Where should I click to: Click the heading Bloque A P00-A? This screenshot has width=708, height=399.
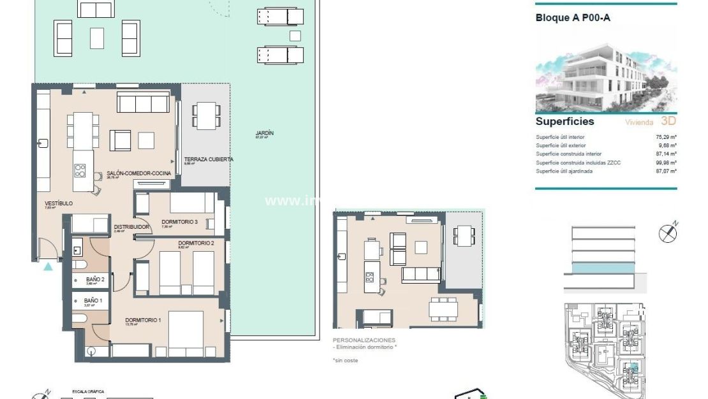tap(573, 18)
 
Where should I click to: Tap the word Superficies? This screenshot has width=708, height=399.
tap(564, 121)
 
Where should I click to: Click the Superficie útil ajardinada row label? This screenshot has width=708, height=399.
tap(568, 171)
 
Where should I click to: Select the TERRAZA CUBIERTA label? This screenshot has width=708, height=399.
tap(208, 159)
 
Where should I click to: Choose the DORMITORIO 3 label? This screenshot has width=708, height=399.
tap(179, 221)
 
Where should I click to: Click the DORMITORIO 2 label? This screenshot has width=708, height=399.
tap(195, 243)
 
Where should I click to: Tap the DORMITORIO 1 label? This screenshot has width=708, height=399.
tap(142, 320)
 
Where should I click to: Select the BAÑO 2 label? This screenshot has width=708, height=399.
tap(95, 279)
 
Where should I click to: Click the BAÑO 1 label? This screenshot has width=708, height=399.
tap(92, 300)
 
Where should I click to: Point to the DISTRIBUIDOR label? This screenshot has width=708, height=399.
tap(131, 226)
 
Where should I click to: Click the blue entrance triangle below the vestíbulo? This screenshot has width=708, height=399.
tap(48, 266)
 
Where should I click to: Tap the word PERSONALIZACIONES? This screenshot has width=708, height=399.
tap(364, 340)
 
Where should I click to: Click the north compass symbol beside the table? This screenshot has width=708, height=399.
tap(668, 233)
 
